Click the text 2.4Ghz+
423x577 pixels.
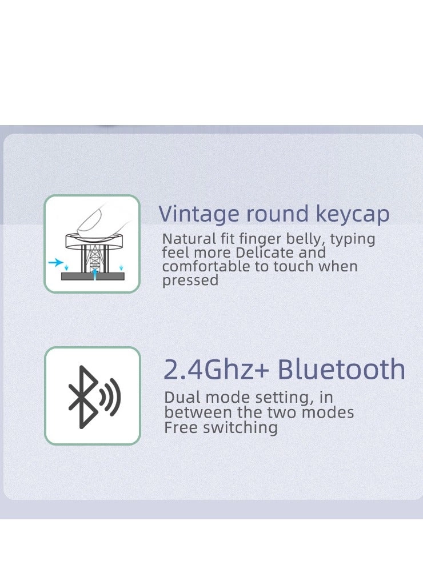[216, 370]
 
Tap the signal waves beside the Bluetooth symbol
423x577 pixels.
[110, 396]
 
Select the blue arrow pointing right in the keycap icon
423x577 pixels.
[55, 263]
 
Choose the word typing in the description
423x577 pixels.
[353, 239]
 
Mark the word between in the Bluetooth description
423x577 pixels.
[191, 412]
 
